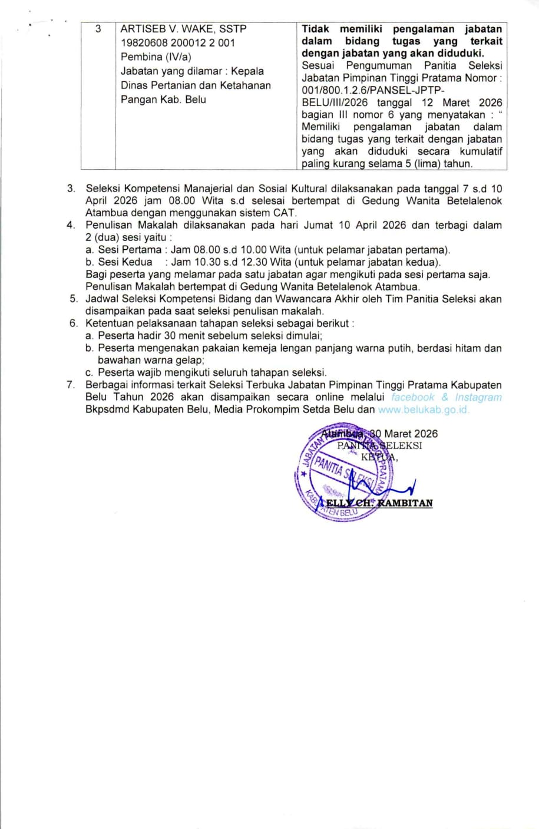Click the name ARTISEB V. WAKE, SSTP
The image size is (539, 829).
point(183,28)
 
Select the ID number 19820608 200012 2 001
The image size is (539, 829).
point(177,42)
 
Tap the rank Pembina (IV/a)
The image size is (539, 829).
point(156,57)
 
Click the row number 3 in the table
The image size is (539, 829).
point(98,28)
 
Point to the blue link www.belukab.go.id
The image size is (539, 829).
point(424,409)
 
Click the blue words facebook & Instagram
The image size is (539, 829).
point(447,397)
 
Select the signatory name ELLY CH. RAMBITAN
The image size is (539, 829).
point(379,503)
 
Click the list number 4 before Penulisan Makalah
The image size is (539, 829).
point(71,225)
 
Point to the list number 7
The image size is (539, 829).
point(71,385)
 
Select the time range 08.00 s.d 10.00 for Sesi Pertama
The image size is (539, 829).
point(219,250)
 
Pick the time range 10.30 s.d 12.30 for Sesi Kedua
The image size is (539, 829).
point(219,262)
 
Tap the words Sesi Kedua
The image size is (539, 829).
point(125,262)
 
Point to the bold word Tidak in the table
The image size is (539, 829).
point(315,29)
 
